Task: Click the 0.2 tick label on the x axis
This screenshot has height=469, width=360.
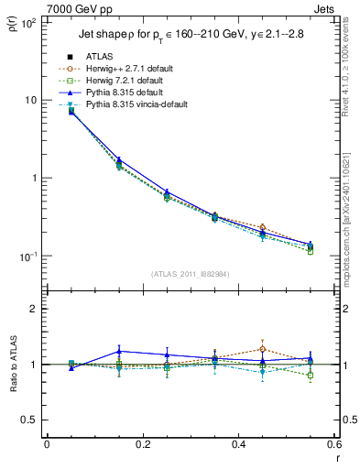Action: tap(142, 444)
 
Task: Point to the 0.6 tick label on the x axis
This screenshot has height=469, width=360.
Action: tap(333, 444)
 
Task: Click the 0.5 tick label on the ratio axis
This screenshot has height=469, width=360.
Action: tap(29, 420)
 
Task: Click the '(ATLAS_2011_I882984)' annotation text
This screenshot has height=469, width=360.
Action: tap(190, 274)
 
